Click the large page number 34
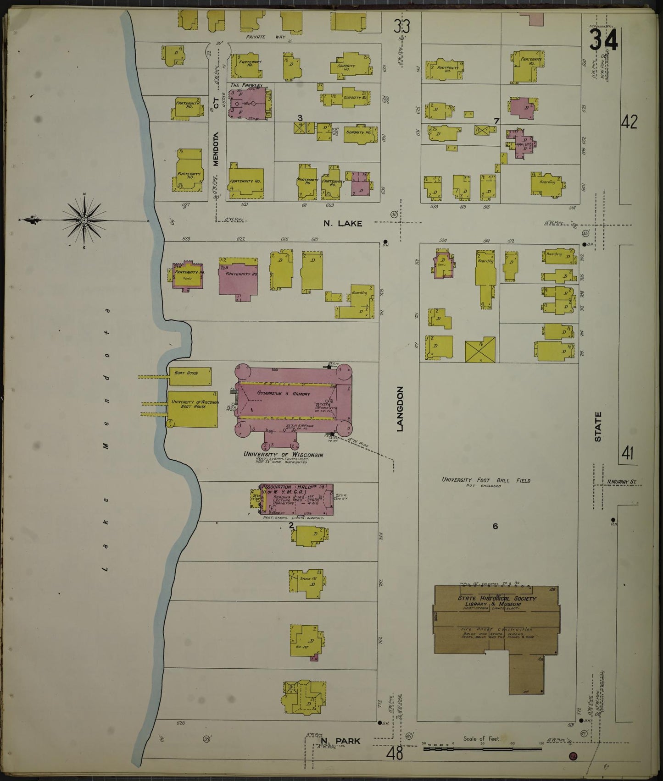pyautogui.click(x=604, y=40)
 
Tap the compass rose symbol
pyautogui.click(x=84, y=221)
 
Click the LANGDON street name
pyautogui.click(x=400, y=409)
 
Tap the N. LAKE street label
pyautogui.click(x=343, y=224)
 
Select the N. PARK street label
pyautogui.click(x=340, y=741)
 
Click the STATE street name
pyautogui.click(x=598, y=427)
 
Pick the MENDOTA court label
pyautogui.click(x=216, y=149)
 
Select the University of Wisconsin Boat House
pyautogui.click(x=193, y=409)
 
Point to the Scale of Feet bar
pyautogui.click(x=482, y=749)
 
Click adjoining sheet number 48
pyautogui.click(x=394, y=753)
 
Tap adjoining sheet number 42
pyautogui.click(x=629, y=122)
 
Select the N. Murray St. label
pyautogui.click(x=622, y=482)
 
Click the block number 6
pyautogui.click(x=495, y=526)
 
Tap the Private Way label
pyautogui.click(x=265, y=37)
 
